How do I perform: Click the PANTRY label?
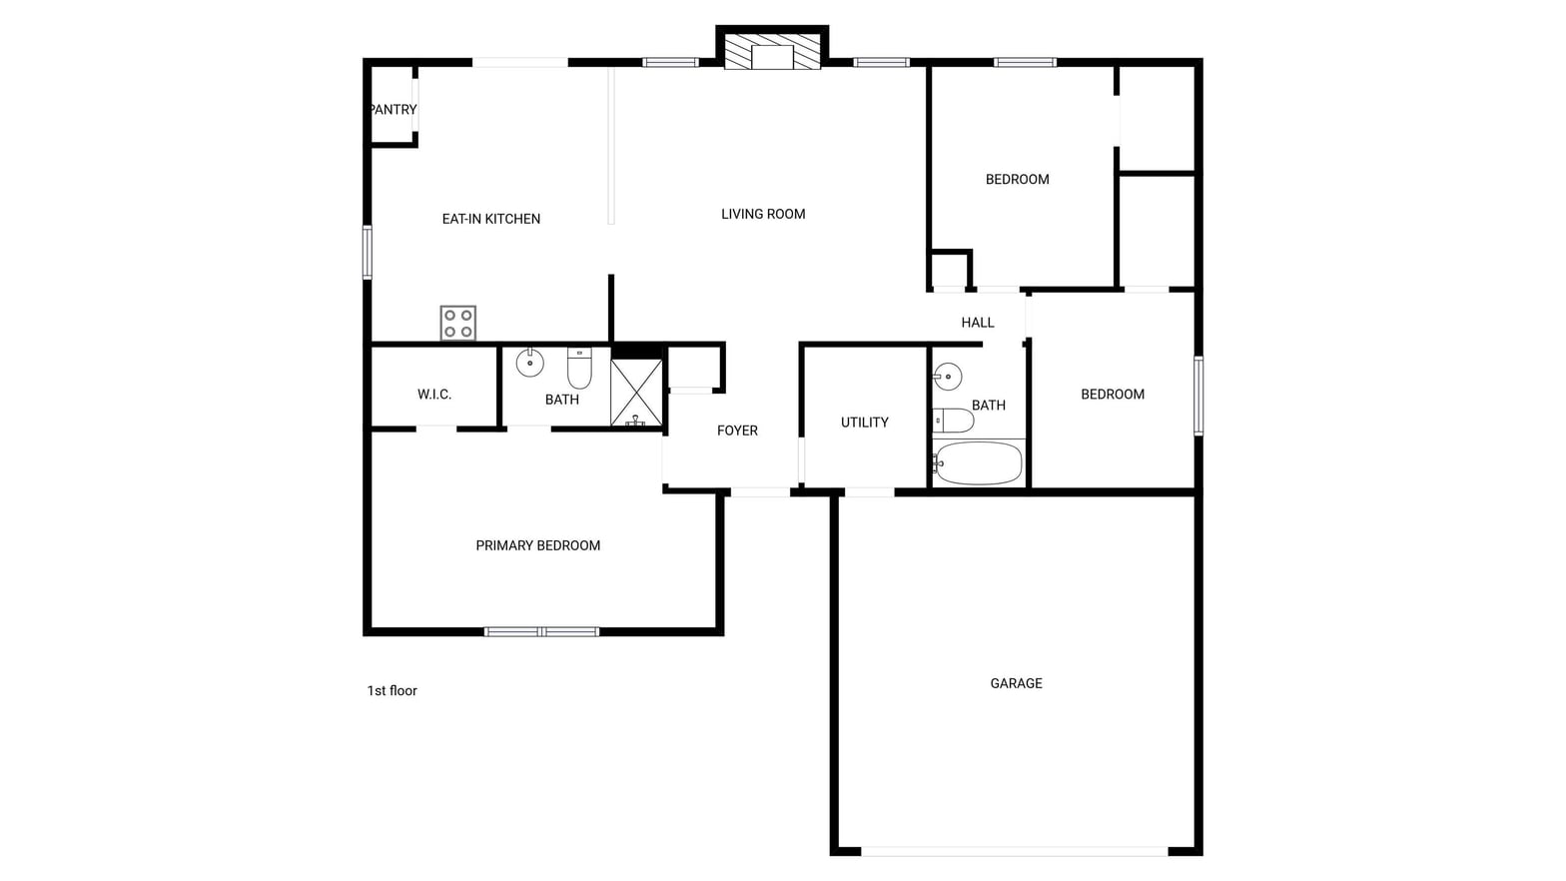(392, 110)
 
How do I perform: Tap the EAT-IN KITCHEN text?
(491, 219)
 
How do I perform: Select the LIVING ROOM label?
(763, 214)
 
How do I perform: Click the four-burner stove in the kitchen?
(457, 323)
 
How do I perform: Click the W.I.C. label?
(434, 395)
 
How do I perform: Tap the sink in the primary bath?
(530, 363)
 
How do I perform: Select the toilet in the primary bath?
(579, 368)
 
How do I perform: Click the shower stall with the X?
(636, 393)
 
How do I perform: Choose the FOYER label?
(737, 431)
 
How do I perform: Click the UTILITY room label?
(865, 423)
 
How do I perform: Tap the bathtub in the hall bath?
(978, 462)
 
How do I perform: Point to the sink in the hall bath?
(948, 377)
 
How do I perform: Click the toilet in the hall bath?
(954, 421)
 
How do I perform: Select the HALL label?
(978, 323)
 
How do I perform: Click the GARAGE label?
(1017, 683)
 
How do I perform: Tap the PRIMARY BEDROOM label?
(538, 545)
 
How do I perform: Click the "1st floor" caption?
(392, 691)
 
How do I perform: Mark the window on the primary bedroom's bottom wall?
(541, 632)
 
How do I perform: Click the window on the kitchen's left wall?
(368, 252)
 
